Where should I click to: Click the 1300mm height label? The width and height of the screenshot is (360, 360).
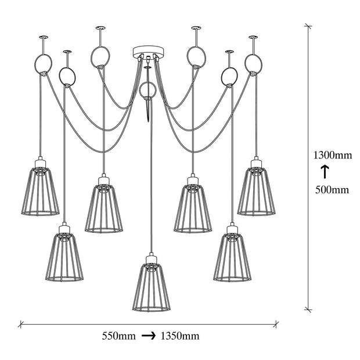pyautogui.click(x=333, y=156)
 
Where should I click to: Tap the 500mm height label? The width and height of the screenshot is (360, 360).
pyautogui.click(x=332, y=190)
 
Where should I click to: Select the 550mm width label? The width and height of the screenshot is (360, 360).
pyautogui.click(x=118, y=336)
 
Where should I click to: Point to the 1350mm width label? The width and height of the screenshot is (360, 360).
pyautogui.click(x=180, y=336)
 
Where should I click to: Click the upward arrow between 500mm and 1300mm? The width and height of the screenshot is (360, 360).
pyautogui.click(x=325, y=172)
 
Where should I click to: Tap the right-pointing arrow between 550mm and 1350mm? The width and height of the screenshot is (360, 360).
pyautogui.click(x=149, y=336)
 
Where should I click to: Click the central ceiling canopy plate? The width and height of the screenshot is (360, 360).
pyautogui.click(x=149, y=52)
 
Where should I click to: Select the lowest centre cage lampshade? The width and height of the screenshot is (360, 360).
pyautogui.click(x=152, y=287)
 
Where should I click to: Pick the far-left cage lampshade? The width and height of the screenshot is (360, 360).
pyautogui.click(x=40, y=191)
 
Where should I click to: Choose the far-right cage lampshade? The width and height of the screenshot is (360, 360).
pyautogui.click(x=256, y=192)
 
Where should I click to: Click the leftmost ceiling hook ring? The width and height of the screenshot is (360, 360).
pyautogui.click(x=43, y=64)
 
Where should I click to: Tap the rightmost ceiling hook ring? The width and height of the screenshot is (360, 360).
pyautogui.click(x=253, y=63)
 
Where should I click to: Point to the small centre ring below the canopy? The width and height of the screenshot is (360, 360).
pyautogui.click(x=147, y=90)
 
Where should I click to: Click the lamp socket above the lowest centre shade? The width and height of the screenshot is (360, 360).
pyautogui.click(x=152, y=258)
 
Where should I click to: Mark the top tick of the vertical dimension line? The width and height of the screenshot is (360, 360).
pyautogui.click(x=308, y=26)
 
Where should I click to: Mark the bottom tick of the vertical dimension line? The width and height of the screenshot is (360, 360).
pyautogui.click(x=308, y=309)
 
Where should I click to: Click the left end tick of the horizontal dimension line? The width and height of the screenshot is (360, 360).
pyautogui.click(x=21, y=324)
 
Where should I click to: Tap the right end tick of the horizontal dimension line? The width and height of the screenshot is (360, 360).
pyautogui.click(x=276, y=324)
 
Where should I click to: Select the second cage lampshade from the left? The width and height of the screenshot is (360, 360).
pyautogui.click(x=64, y=257)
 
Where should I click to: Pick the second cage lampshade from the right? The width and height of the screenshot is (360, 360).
pyautogui.click(x=232, y=257)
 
